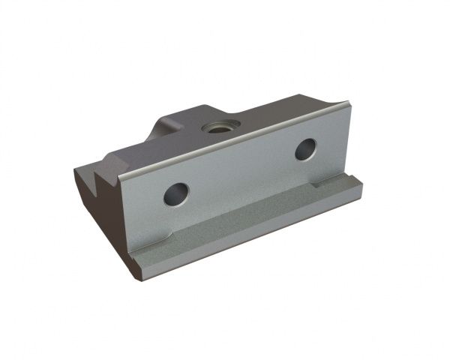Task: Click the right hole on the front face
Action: click(x=304, y=149)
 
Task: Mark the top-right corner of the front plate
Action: click(x=346, y=104)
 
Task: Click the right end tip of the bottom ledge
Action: click(x=361, y=189)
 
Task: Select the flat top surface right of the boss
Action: click(x=277, y=112)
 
